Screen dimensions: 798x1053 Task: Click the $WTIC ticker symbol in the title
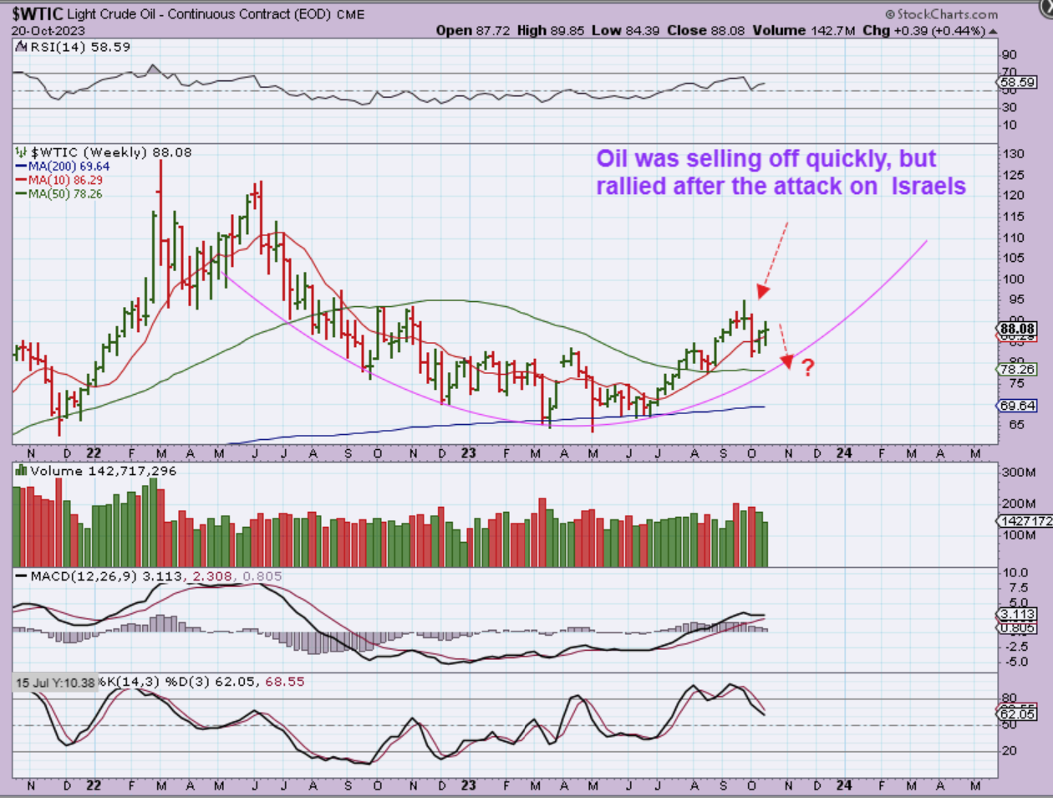[38, 13]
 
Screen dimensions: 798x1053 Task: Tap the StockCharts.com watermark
[942, 14]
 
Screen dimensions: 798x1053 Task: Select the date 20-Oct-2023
[43, 30]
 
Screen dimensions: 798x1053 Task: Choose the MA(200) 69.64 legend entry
[68, 166]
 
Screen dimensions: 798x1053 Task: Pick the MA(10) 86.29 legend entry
[65, 180]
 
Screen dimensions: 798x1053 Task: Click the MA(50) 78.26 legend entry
[65, 193]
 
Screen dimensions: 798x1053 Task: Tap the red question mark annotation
[807, 366]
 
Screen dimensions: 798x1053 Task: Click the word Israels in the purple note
[928, 186]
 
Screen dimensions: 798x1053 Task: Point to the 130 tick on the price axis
[1013, 154]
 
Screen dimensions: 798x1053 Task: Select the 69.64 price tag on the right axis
[1019, 406]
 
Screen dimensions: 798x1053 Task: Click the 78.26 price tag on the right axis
[1019, 369]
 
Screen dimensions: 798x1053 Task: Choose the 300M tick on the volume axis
[1020, 473]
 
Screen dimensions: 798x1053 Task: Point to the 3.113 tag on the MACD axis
[1019, 614]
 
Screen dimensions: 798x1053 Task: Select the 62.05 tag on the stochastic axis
[1019, 714]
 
